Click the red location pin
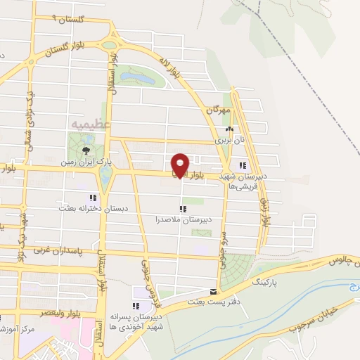coord(180,165)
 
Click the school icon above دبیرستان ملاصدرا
coord(183,209)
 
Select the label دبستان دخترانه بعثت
coord(88,209)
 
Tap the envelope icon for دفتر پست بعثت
coord(214,291)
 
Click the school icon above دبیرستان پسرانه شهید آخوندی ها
coord(136,307)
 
